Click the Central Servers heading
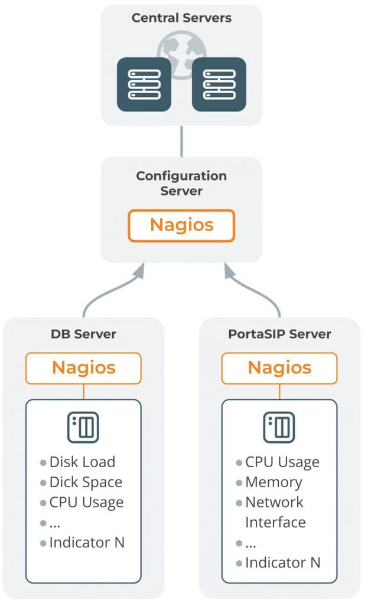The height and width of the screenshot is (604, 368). coord(181,18)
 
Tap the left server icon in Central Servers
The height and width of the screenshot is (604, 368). coord(145,84)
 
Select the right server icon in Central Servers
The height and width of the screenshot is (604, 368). coord(219,84)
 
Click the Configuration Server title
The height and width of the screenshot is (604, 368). coord(181,183)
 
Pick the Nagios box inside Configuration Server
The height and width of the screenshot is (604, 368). coord(181,225)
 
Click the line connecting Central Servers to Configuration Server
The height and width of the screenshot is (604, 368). coord(181,141)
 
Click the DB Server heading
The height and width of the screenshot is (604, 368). coord(83,334)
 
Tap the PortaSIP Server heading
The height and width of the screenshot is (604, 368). coord(279,334)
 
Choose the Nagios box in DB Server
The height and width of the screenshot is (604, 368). coord(83,368)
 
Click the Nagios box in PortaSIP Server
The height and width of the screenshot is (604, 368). coord(279,368)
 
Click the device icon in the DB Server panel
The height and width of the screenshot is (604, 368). coord(83,427)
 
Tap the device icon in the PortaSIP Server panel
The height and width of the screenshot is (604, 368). coord(279,427)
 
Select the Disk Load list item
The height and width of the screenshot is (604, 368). coord(82,462)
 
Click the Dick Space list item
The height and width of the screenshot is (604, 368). coord(86,482)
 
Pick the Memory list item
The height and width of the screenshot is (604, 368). coord(273,482)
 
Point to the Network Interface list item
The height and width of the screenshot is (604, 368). coord(275,512)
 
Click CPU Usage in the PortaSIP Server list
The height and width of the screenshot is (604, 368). coord(282,462)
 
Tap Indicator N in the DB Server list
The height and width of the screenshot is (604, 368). coord(87,543)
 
